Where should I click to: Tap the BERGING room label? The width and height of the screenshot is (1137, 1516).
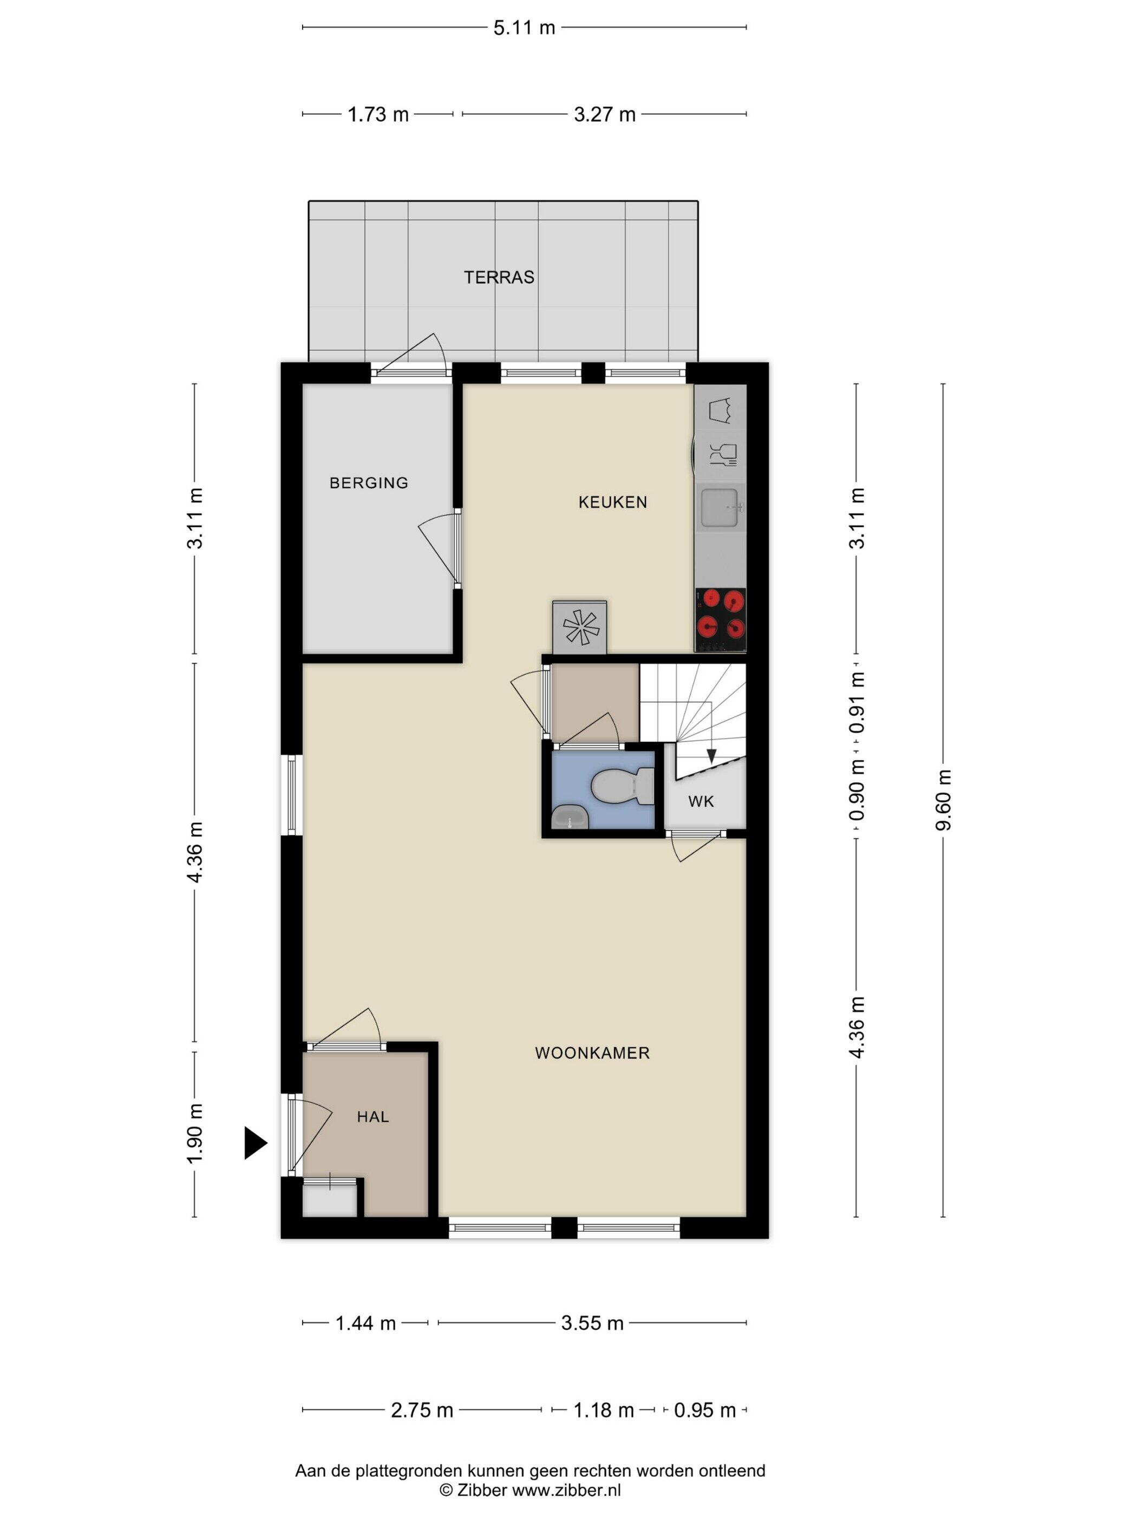(369, 482)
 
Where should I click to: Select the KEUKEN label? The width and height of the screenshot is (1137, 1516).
(612, 502)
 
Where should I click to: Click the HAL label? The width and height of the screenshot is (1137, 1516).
(373, 1116)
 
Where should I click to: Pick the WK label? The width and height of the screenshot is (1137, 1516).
(701, 801)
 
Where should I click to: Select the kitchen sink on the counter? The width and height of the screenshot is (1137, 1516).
(720, 508)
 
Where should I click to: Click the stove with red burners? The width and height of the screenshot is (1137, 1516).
(720, 619)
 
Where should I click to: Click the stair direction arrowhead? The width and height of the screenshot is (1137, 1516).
(711, 756)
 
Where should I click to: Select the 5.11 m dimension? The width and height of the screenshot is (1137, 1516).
(524, 28)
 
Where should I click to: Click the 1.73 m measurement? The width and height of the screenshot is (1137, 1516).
(377, 114)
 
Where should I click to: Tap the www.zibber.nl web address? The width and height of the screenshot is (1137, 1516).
(566, 1490)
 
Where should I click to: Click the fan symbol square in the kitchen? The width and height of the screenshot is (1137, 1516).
(580, 627)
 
